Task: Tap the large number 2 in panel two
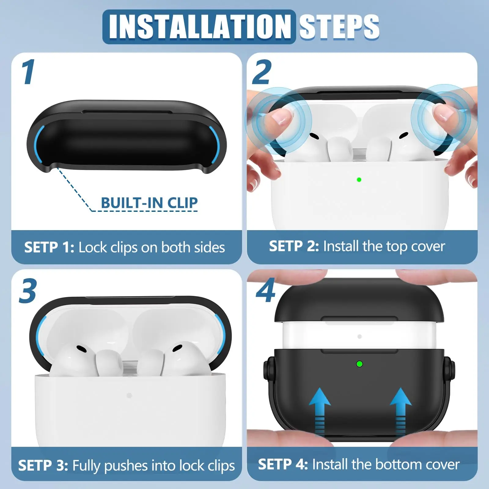pyautogui.click(x=262, y=72)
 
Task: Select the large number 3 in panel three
pyautogui.click(x=28, y=291)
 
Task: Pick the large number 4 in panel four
pyautogui.click(x=265, y=291)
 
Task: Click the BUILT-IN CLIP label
pyautogui.click(x=149, y=203)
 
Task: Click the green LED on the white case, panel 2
pyautogui.click(x=359, y=180)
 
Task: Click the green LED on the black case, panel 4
pyautogui.click(x=360, y=364)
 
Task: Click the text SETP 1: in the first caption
pyautogui.click(x=49, y=247)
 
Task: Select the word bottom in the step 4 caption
pyautogui.click(x=394, y=465)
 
